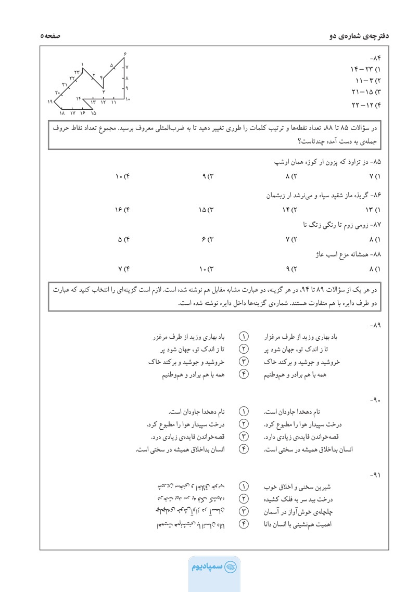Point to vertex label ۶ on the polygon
click(125, 55)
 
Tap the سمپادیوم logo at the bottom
click(209, 566)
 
